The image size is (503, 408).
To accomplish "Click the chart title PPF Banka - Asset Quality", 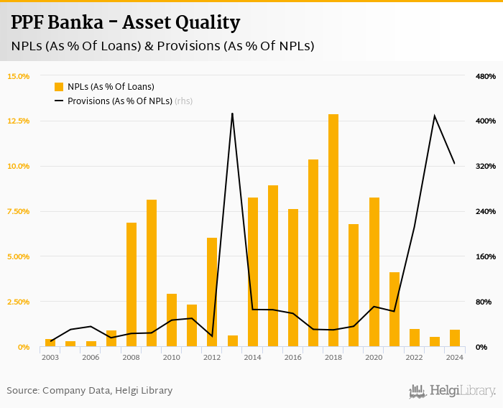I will tap(126, 23).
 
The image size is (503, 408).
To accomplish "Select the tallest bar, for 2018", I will tap(333, 230).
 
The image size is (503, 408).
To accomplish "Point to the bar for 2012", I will tap(212, 292).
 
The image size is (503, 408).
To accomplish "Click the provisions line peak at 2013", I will tap(232, 113).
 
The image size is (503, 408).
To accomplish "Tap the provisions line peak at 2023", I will tap(434, 116).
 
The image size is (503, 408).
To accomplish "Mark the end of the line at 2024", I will tap(454, 164).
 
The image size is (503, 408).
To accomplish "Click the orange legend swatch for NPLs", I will tap(59, 87).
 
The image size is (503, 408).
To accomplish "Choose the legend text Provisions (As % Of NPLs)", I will tap(120, 101).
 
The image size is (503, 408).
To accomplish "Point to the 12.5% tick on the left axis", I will tap(19, 121).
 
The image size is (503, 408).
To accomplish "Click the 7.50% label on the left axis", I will tap(19, 211).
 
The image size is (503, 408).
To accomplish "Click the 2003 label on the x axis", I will tap(50, 357).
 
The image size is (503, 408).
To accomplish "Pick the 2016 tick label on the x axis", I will tap(293, 357).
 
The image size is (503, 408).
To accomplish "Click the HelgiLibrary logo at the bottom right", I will tap(453, 391).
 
